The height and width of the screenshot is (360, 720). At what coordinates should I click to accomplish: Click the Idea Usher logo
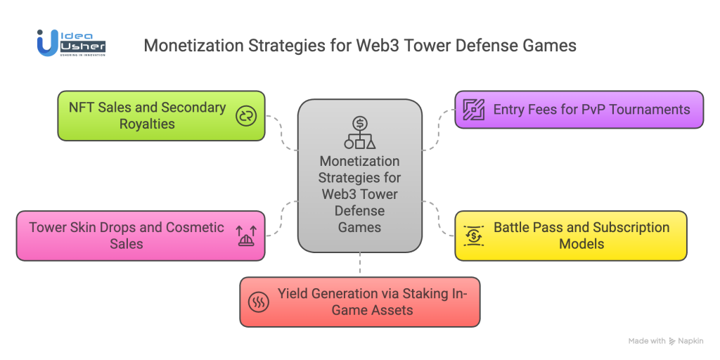71,42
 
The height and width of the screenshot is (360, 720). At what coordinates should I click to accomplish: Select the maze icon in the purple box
473,110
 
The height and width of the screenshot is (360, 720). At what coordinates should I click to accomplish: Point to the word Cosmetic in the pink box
195,228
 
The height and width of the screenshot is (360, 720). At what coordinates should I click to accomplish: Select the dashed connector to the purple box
438,130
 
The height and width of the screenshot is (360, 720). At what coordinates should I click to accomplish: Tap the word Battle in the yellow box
513,228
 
